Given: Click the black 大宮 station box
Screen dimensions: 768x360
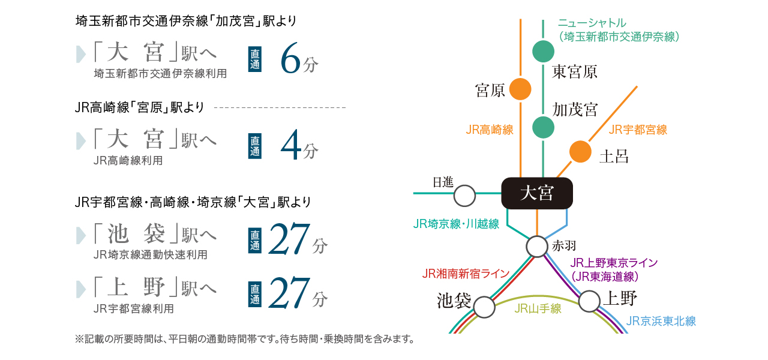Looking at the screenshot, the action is tap(537, 193).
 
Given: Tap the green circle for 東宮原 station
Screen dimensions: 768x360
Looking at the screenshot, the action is tap(543, 52).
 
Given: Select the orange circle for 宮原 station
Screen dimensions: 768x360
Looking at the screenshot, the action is tap(520, 89).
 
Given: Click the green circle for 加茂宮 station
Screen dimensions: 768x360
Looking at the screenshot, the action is tap(543, 128).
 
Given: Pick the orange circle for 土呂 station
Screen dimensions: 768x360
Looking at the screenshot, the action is tap(580, 152).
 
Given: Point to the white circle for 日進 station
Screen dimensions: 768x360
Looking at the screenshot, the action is tap(464, 196).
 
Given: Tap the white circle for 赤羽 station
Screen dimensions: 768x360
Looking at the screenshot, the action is tap(537, 247).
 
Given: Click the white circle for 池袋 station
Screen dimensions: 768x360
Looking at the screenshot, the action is tap(484, 307).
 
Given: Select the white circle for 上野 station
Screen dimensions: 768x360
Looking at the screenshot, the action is tap(589, 301).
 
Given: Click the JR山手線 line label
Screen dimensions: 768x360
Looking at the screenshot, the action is tap(538, 308).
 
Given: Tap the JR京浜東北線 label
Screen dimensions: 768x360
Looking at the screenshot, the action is tap(661, 321).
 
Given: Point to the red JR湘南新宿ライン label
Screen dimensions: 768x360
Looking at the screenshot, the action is tap(465, 274).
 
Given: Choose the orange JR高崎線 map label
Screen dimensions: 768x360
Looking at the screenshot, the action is tap(489, 130).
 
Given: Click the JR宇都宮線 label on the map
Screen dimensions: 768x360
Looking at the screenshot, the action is tap(638, 130).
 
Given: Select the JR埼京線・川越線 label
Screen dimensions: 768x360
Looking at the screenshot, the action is tap(456, 224).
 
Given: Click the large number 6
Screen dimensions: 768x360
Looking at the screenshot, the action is tap(290, 58).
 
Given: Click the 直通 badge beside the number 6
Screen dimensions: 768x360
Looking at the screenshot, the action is tap(255, 59).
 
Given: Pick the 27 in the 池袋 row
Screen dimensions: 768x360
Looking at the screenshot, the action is tap(289, 239).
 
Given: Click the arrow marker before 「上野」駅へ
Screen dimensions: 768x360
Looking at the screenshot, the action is tap(80, 289).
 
